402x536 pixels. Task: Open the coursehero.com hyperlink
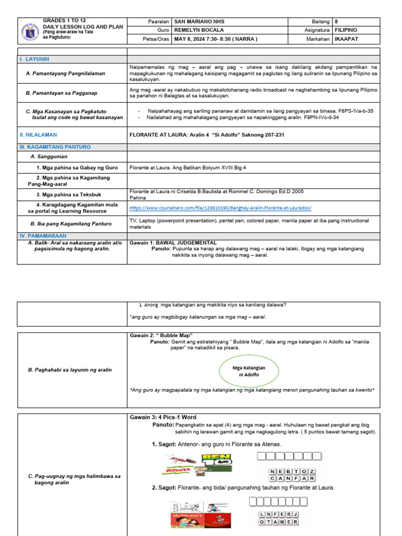pyautogui.click(x=220, y=208)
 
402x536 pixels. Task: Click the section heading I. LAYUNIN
pyautogui.click(x=35, y=59)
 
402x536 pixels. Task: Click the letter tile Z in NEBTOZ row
pyautogui.click(x=312, y=471)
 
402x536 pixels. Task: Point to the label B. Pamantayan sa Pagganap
pyautogui.click(x=62, y=93)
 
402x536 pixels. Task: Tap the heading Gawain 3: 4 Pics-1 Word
pyautogui.click(x=163, y=417)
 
